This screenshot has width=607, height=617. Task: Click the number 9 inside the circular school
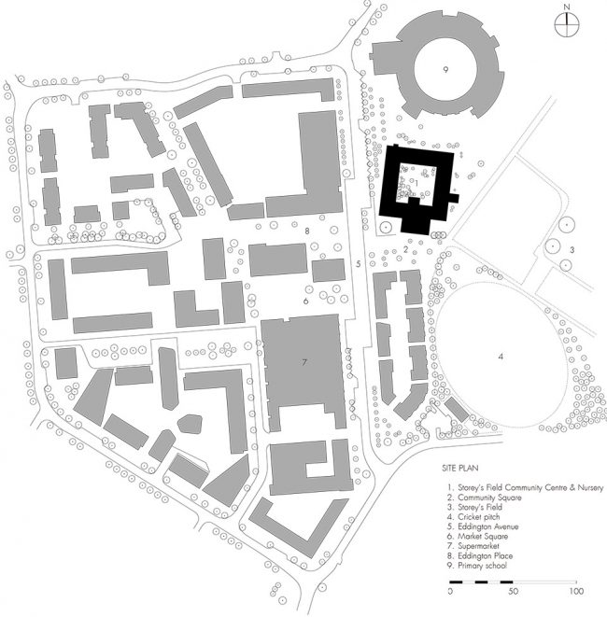446,70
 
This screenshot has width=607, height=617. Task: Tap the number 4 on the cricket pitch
501,356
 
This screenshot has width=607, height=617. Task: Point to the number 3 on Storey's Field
572,249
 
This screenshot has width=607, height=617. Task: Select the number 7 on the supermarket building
304,360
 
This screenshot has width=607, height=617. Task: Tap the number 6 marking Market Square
305,301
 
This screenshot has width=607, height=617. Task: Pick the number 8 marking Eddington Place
305,230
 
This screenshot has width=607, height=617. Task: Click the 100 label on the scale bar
576,592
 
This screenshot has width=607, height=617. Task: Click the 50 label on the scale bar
514,592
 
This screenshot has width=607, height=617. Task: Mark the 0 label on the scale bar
451,592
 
